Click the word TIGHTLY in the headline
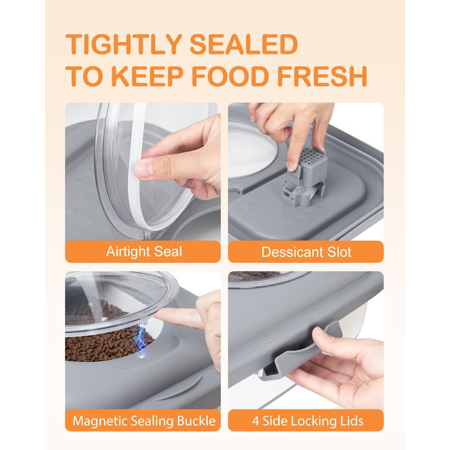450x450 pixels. click(x=123, y=44)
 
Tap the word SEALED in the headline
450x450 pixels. click(x=244, y=44)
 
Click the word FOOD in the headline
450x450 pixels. click(x=230, y=76)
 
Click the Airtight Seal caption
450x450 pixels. click(x=144, y=251)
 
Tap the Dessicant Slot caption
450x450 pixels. click(x=306, y=252)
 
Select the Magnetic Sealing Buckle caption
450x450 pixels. click(x=144, y=420)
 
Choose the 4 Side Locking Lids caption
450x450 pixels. click(x=308, y=420)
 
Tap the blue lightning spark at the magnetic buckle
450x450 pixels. click(x=142, y=341)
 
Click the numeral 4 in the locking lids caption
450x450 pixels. click(x=255, y=420)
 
